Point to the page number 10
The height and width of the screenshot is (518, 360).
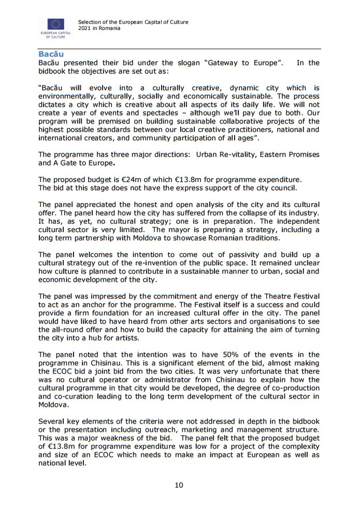coord(179,485)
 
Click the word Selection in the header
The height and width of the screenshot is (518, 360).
coord(91,22)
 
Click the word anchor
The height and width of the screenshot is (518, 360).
coord(94,304)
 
